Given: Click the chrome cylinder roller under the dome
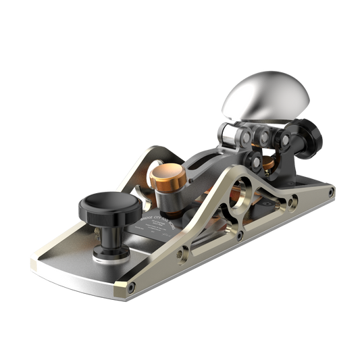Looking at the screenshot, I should click(x=228, y=134).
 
